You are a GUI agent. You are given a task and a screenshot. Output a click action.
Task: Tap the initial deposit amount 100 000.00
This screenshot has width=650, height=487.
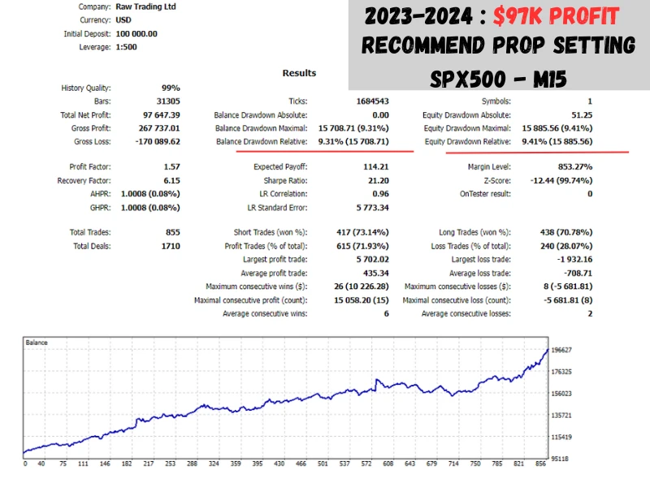tap(136, 34)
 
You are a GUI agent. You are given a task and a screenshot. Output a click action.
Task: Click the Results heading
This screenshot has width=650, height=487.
tap(299, 73)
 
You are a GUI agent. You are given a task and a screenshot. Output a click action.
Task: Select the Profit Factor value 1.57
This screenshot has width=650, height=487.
tap(171, 167)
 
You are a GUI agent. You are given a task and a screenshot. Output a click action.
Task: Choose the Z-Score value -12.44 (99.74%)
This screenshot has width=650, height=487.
tap(557, 180)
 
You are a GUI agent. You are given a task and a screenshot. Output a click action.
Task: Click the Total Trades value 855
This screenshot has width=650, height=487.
tap(171, 233)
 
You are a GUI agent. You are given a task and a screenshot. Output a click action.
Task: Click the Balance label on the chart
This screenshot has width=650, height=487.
tap(37, 343)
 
